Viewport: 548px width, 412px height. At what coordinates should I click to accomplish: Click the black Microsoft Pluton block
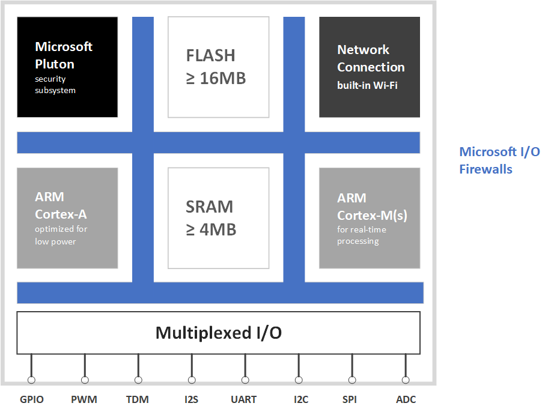coord(67,67)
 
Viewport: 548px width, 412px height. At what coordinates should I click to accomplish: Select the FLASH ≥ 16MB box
coord(218,67)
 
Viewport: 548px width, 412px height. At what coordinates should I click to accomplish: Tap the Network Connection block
coord(370,67)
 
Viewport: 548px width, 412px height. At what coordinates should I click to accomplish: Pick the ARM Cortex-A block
coord(67,217)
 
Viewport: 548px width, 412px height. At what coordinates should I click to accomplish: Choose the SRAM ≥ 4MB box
coord(218,217)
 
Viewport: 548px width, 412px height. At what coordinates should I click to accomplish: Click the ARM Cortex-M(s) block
coord(370,217)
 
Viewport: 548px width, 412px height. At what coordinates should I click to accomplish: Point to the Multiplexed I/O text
coord(218,333)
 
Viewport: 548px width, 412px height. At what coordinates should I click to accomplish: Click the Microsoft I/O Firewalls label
coord(491,160)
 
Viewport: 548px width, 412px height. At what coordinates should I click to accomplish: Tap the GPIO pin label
coord(32,399)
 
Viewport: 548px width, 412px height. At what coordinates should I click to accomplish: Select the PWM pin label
coord(84,399)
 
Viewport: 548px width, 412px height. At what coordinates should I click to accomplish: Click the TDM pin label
coord(138,399)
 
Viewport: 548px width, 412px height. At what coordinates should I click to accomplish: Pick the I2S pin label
coord(192,399)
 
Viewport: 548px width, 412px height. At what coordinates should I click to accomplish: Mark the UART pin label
coord(244,399)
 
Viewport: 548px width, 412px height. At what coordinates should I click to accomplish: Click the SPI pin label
coord(352,399)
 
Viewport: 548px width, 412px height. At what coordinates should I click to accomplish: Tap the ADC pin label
coord(406,399)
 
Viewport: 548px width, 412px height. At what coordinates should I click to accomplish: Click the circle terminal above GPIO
coord(31,380)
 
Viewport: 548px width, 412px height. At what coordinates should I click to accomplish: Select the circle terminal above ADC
coord(406,380)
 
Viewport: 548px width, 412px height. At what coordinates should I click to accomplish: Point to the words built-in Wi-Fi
coord(367,85)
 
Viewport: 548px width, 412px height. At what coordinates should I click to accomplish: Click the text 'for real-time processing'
coord(362,235)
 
